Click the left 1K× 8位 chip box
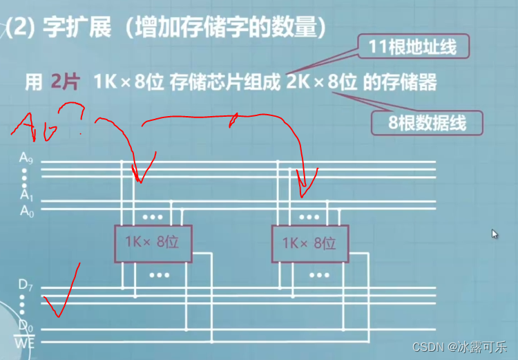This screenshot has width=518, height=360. click(x=153, y=243)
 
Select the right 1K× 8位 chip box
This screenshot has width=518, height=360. click(x=309, y=243)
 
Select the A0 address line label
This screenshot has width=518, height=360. click(x=26, y=210)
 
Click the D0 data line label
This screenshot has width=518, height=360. click(x=26, y=324)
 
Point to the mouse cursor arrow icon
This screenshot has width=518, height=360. click(x=495, y=234)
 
